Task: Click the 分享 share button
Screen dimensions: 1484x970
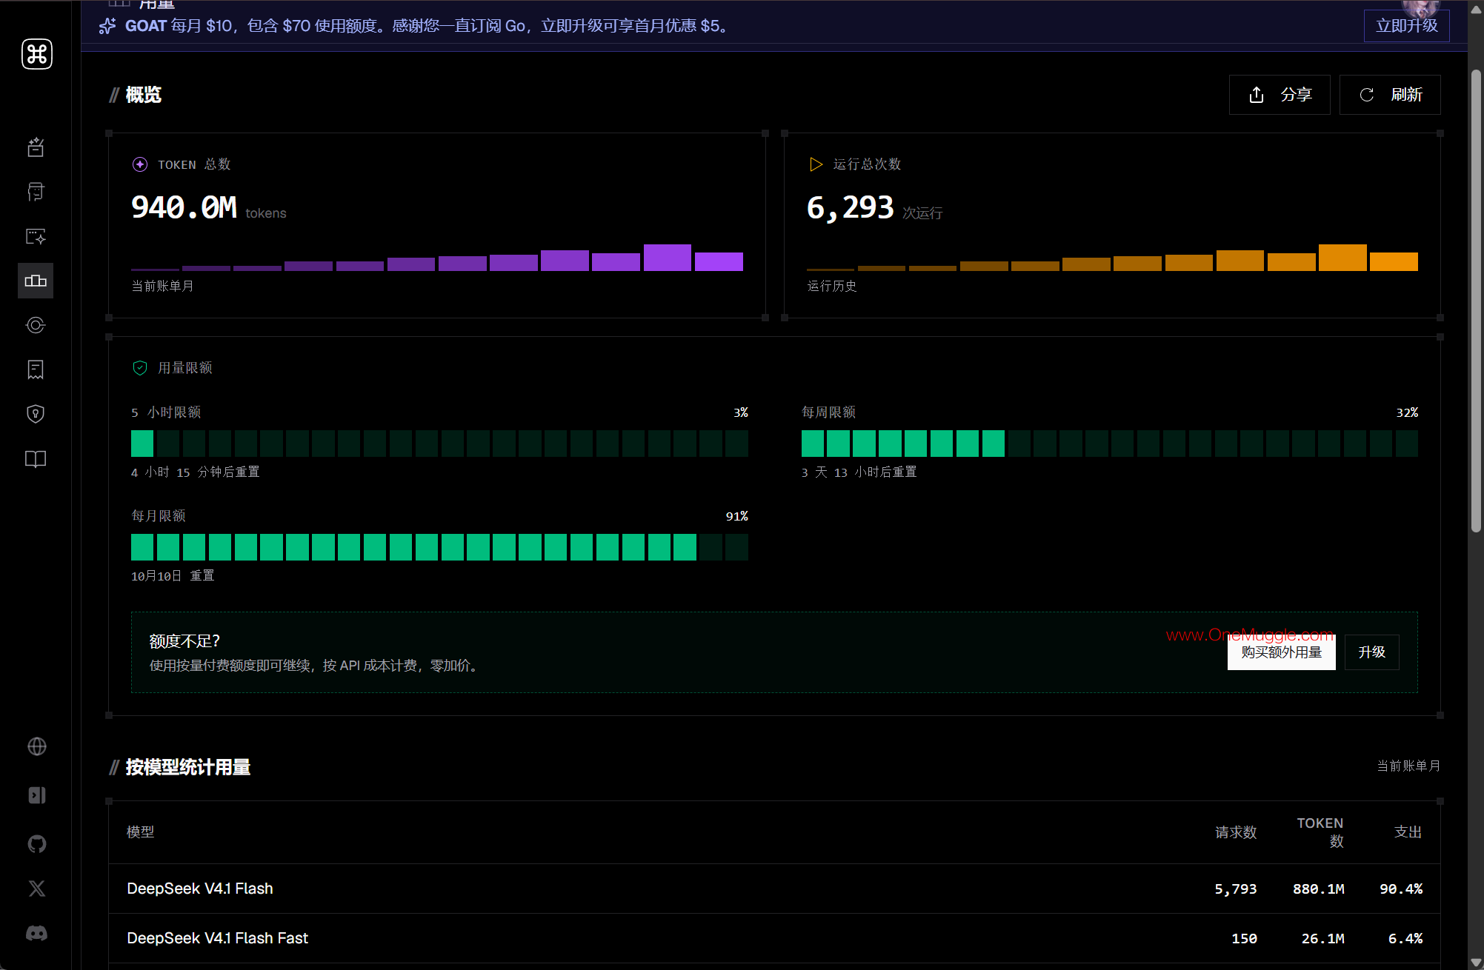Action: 1280,95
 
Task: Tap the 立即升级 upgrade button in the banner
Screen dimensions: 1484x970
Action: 1406,26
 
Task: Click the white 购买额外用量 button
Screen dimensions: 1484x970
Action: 1281,652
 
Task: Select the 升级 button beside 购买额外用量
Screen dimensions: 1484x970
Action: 1371,652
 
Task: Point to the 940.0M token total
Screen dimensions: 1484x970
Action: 184,207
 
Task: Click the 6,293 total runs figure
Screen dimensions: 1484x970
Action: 850,207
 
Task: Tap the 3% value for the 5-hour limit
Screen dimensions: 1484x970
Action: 740,412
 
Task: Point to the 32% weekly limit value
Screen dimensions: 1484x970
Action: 1407,412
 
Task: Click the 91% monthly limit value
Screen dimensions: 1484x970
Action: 736,516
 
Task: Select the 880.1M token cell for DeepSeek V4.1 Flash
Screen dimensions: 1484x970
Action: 1318,889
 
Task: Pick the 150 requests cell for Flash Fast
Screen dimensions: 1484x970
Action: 1244,938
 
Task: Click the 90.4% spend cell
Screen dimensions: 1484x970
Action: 1400,889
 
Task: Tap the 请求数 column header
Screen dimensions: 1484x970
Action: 1236,832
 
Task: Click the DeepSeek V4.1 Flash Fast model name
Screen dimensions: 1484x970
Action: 217,938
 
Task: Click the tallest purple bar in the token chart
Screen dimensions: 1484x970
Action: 667,258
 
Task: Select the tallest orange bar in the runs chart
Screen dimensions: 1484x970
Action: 1342,258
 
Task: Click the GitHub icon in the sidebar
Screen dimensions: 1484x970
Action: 36,843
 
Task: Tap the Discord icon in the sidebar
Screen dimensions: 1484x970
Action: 36,933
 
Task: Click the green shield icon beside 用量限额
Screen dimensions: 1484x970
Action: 140,368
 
